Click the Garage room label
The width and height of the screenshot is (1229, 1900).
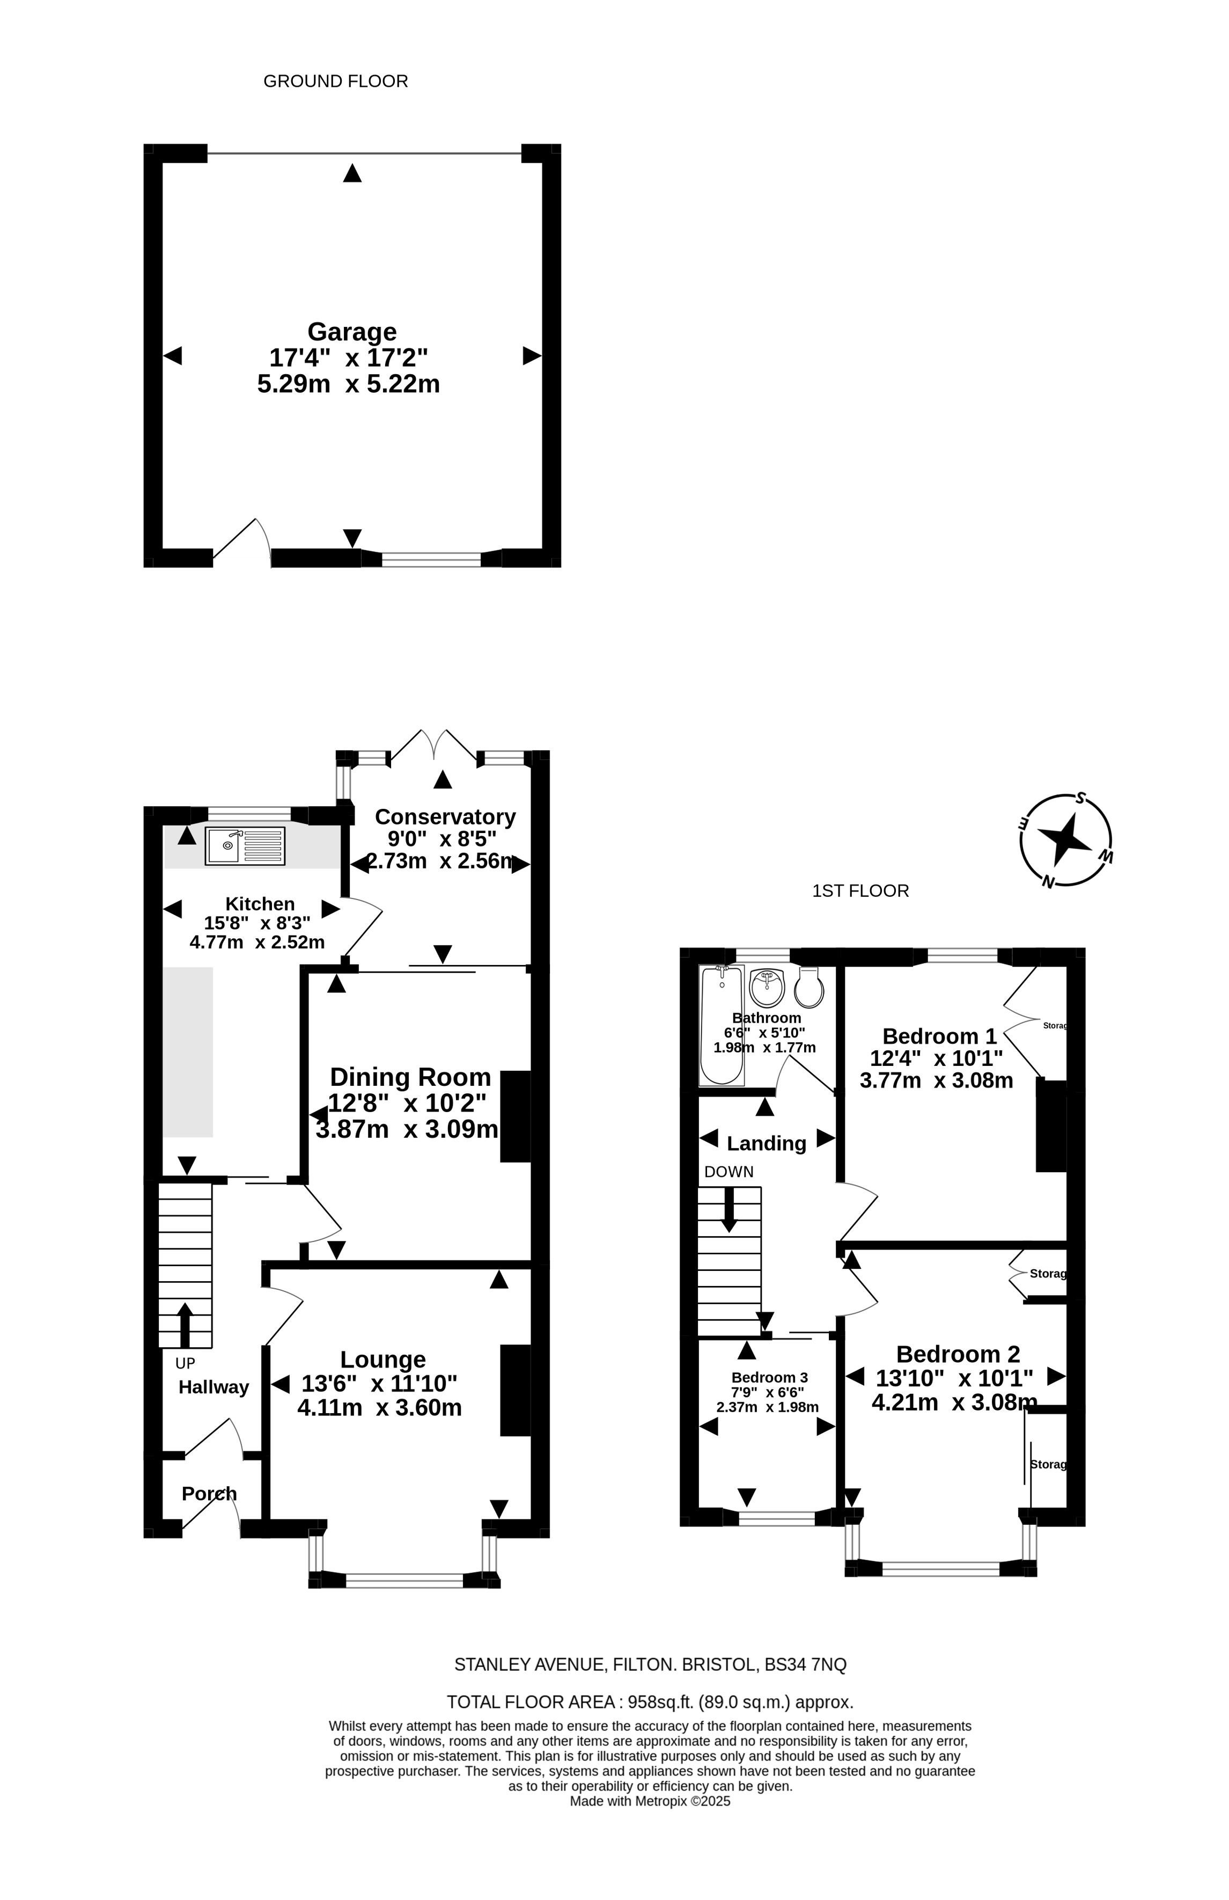tap(352, 331)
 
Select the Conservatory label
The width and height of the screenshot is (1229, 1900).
tap(445, 817)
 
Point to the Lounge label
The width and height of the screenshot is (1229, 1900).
tap(383, 1360)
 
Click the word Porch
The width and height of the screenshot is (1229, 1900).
tap(209, 1494)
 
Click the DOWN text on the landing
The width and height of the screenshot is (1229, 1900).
tap(728, 1172)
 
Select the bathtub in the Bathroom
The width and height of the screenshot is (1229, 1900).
tap(722, 1026)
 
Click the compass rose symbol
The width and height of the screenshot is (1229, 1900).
tap(1065, 841)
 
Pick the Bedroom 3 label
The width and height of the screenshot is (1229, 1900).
tap(769, 1377)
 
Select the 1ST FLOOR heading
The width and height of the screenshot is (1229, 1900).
tap(860, 891)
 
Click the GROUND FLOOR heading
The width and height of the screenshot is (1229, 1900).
tap(335, 82)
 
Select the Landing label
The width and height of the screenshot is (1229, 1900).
tap(766, 1143)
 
